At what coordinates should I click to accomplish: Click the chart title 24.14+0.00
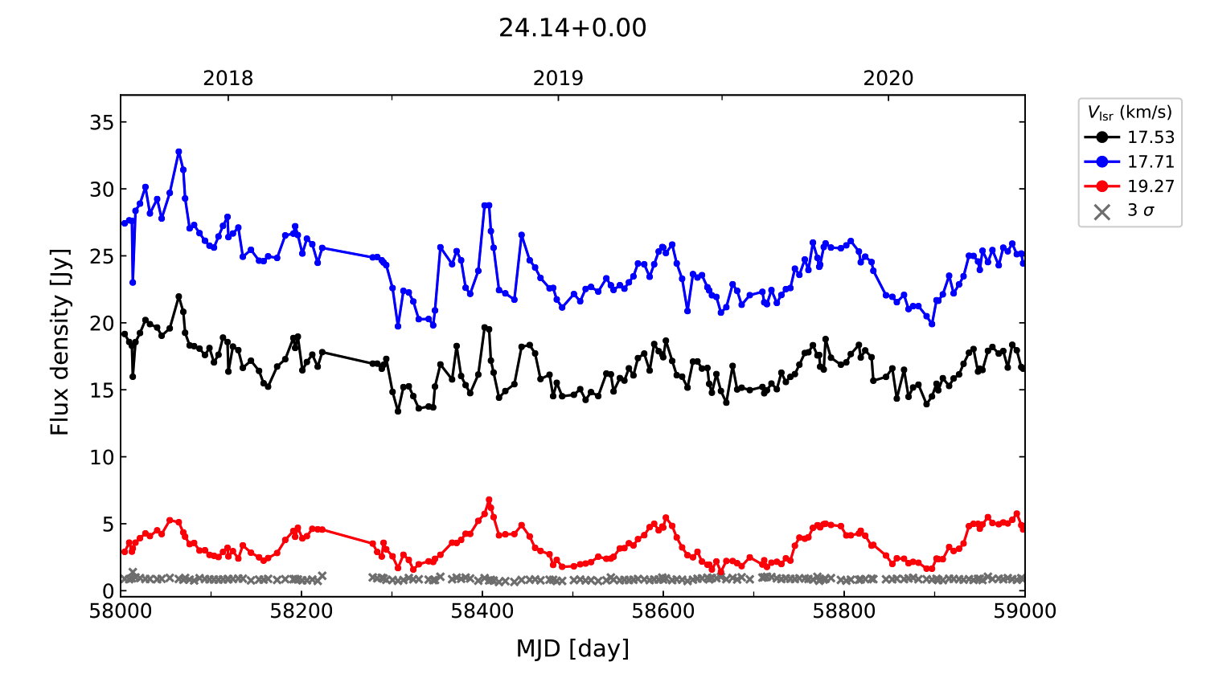[572, 28]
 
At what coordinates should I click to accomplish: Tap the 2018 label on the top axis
[228, 79]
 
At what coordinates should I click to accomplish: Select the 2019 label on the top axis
[558, 79]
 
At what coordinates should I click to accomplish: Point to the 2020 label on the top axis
[888, 79]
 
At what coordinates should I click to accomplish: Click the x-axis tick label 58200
[301, 611]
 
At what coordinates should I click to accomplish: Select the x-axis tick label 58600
[663, 611]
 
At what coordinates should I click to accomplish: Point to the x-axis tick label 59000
[1024, 611]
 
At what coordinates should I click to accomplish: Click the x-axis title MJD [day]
[572, 648]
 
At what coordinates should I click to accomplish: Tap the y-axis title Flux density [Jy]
[60, 342]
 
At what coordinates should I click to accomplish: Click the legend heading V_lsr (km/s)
[1130, 112]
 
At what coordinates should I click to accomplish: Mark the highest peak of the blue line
[178, 151]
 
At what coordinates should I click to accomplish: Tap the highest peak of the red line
[489, 500]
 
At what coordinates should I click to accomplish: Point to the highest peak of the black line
[178, 296]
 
